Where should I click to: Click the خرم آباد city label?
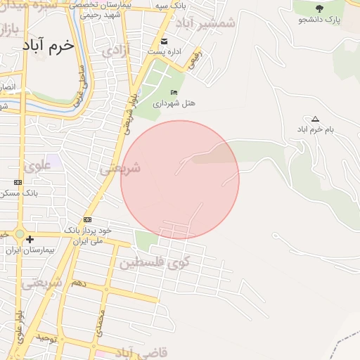(x=47, y=46)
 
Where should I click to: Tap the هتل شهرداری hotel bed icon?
(x=174, y=93)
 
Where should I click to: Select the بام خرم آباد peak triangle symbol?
(x=314, y=119)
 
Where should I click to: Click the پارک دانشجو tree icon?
(x=320, y=8)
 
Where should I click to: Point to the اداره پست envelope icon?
(x=165, y=40)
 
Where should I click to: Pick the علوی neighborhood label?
(x=37, y=166)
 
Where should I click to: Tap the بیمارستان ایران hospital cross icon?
(x=30, y=240)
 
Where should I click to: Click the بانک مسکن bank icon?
(x=18, y=182)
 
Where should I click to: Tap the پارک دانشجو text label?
(x=323, y=20)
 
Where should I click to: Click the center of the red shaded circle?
(x=180, y=180)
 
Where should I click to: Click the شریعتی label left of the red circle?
(x=120, y=168)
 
